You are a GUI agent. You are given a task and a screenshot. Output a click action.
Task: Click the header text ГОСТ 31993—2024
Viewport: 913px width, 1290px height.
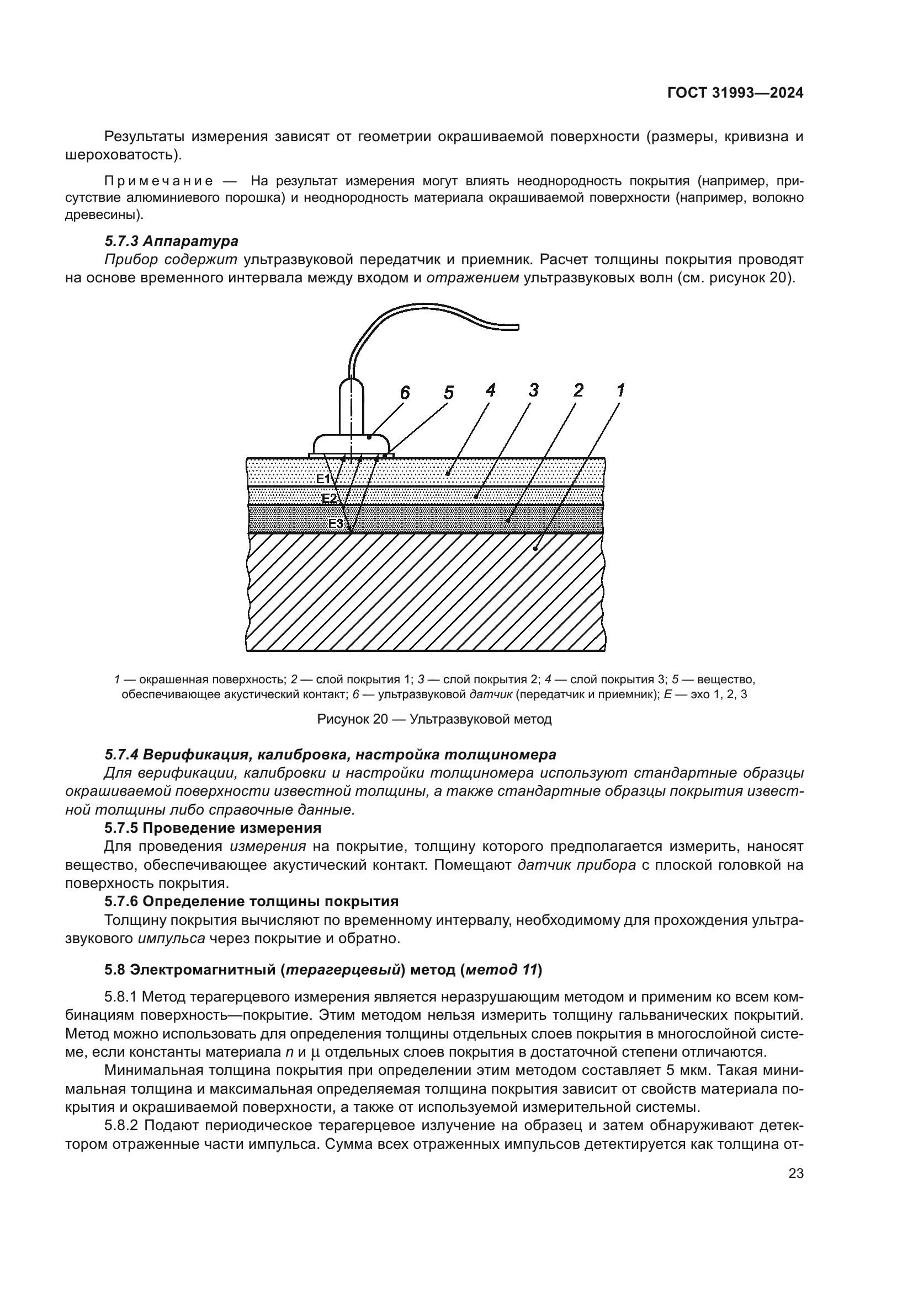pyautogui.click(x=735, y=93)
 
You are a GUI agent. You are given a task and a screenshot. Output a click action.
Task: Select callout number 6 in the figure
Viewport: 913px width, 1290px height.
pyautogui.click(x=405, y=393)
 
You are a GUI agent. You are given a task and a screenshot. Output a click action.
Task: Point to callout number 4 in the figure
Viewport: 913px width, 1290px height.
pyautogui.click(x=491, y=390)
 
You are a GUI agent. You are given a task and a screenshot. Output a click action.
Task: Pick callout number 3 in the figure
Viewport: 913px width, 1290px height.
pyautogui.click(x=534, y=390)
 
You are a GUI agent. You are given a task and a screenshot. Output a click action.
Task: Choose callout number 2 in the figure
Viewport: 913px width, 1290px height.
pyautogui.click(x=578, y=390)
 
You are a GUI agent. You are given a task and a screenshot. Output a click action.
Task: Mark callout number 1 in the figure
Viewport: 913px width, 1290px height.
pyautogui.click(x=620, y=390)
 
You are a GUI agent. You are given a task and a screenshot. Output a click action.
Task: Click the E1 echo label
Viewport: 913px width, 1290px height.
pyautogui.click(x=323, y=479)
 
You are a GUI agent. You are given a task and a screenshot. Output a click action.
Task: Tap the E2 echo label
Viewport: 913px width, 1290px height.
pyautogui.click(x=329, y=499)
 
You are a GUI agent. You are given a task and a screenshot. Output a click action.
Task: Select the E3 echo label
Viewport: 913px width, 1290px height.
pyautogui.click(x=336, y=523)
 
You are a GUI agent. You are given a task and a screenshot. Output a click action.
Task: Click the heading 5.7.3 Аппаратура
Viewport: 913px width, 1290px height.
pyautogui.click(x=172, y=241)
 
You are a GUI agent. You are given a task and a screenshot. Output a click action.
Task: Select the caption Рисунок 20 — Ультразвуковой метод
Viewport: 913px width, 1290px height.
pyautogui.click(x=434, y=719)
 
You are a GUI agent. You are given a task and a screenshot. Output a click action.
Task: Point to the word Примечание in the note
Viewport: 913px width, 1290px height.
pyautogui.click(x=159, y=181)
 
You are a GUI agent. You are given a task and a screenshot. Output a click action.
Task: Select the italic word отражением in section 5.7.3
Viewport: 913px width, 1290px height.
pyautogui.click(x=473, y=278)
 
